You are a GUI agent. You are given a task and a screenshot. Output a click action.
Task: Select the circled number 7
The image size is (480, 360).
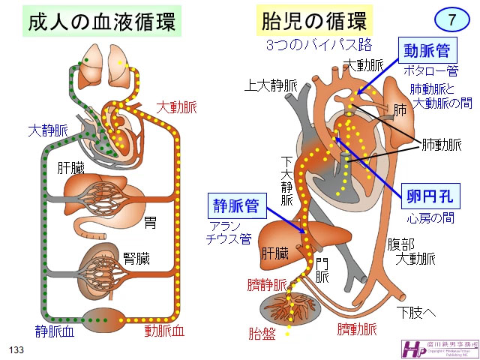pos(450,19)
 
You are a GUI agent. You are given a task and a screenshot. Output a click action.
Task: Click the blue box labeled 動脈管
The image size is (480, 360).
pos(427,51)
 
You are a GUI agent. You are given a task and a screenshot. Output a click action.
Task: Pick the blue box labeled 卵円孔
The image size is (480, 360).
pos(426,196)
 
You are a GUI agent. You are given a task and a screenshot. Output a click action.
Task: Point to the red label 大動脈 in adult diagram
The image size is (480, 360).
pos(176,108)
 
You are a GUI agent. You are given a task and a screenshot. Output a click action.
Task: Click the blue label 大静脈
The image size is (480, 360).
pos(47,130)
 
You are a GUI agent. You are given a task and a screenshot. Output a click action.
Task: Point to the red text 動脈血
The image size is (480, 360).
pos(163,330)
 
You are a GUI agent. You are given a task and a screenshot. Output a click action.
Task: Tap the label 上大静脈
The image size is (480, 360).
pos(270,86)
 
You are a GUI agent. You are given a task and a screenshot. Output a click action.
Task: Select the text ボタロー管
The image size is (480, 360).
pos(430,72)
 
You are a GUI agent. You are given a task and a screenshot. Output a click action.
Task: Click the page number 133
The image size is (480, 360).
pos(17,350)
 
